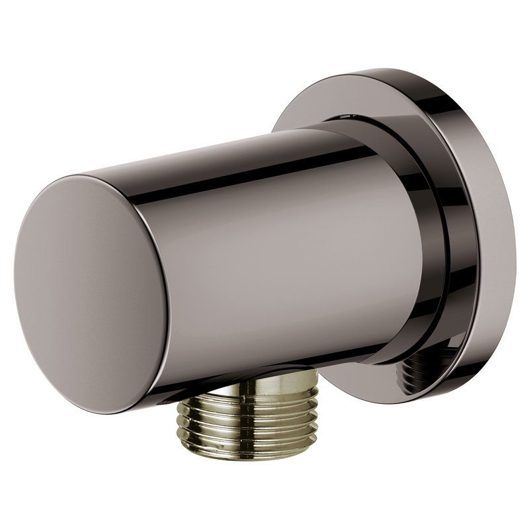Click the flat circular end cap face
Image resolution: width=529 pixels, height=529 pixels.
[x=93, y=291]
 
